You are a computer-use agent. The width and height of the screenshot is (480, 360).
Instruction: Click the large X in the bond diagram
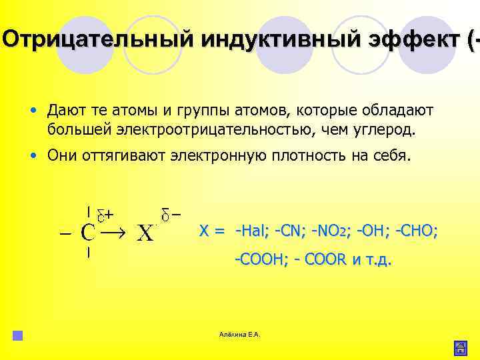tap(145, 233)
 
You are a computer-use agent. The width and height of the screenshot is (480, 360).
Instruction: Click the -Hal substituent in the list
tap(252, 231)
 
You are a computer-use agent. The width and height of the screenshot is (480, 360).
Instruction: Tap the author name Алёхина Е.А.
tap(239, 334)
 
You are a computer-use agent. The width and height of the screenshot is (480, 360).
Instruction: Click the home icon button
tap(460, 347)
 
